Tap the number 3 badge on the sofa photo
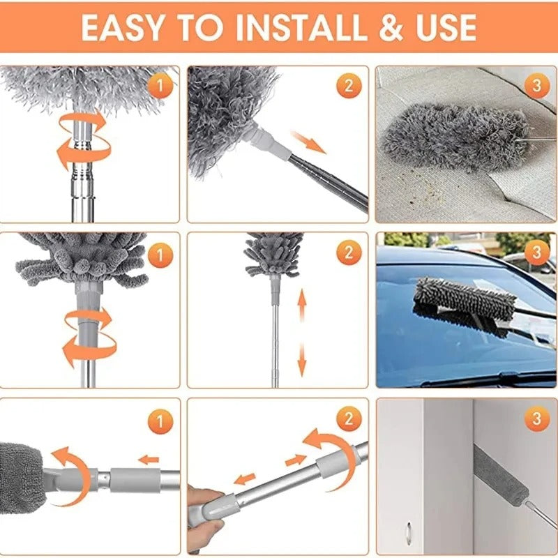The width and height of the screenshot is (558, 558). click(536, 86)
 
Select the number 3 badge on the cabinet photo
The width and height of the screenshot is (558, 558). click(536, 419)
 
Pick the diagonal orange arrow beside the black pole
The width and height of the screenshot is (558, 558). click(308, 141)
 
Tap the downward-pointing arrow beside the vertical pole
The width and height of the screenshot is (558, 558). click(302, 360)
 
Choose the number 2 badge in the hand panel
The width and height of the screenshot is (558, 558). click(349, 419)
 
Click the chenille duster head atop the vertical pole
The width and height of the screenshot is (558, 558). click(274, 255)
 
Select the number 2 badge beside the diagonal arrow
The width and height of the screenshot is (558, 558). click(349, 86)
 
